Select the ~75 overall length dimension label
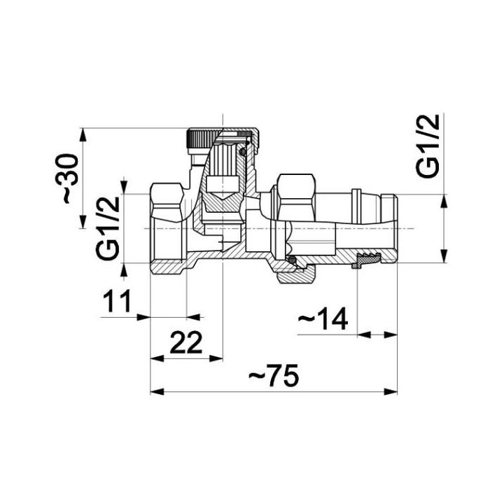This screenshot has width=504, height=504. pyautogui.click(x=274, y=375)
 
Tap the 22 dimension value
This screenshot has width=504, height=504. pyautogui.click(x=186, y=342)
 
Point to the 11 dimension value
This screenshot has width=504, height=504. pyautogui.click(x=117, y=301)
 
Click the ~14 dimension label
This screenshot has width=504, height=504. pyautogui.click(x=323, y=319)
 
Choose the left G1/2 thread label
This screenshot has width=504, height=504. pyautogui.click(x=108, y=228)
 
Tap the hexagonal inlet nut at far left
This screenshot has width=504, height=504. pyautogui.click(x=168, y=202)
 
